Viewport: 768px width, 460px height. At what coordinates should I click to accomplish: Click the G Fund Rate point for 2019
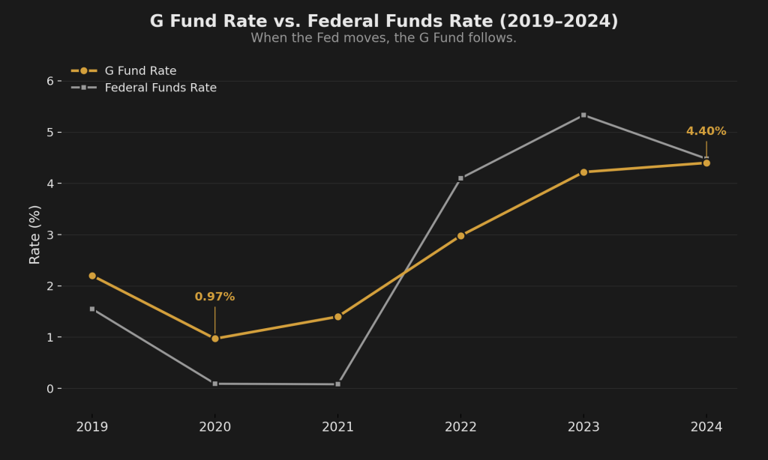point(92,276)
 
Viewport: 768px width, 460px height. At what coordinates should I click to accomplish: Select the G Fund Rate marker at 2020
point(215,339)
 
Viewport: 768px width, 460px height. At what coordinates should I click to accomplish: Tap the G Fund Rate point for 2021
point(338,317)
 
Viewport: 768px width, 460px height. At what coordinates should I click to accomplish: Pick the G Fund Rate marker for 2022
point(460,236)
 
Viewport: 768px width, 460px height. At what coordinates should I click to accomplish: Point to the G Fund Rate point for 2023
point(583,172)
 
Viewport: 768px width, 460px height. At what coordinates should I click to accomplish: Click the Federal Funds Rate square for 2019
point(92,309)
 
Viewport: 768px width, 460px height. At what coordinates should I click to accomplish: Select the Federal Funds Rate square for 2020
point(215,384)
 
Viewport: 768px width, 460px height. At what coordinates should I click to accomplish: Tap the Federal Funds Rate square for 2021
point(338,384)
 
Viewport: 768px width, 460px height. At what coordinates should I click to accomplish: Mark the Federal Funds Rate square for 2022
point(460,178)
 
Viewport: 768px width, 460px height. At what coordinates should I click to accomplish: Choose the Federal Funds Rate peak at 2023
point(583,115)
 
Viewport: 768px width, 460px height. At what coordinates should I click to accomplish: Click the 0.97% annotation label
point(214,297)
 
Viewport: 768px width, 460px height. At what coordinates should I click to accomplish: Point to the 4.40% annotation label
point(706,132)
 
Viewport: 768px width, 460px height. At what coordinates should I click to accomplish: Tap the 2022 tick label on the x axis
point(460,427)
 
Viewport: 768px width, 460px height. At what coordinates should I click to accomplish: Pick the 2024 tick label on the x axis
point(706,427)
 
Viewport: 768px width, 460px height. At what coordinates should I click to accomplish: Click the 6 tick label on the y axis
point(49,81)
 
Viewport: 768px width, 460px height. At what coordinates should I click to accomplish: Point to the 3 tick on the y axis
point(49,235)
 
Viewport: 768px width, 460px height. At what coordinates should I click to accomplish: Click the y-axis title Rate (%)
point(35,234)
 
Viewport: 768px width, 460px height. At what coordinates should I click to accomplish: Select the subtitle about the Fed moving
point(383,38)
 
